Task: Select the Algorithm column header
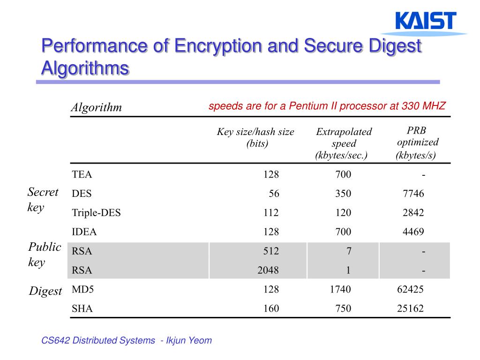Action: [x=96, y=107]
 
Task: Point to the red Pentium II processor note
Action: [x=327, y=106]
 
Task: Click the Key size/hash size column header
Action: [x=255, y=137]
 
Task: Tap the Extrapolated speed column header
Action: [x=344, y=143]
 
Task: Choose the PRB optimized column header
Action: [x=417, y=142]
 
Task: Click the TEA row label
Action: [x=82, y=175]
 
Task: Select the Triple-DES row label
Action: [x=96, y=213]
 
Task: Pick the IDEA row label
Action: [x=84, y=232]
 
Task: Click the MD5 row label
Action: [x=83, y=289]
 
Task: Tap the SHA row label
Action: [x=82, y=308]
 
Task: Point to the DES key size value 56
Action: [x=273, y=194]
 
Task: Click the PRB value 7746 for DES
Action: [x=413, y=194]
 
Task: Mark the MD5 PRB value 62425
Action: [x=410, y=289]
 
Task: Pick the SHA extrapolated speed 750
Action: [x=343, y=308]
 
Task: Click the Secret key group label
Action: [x=43, y=199]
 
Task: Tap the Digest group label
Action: [x=45, y=291]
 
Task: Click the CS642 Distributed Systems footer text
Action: [x=98, y=341]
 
